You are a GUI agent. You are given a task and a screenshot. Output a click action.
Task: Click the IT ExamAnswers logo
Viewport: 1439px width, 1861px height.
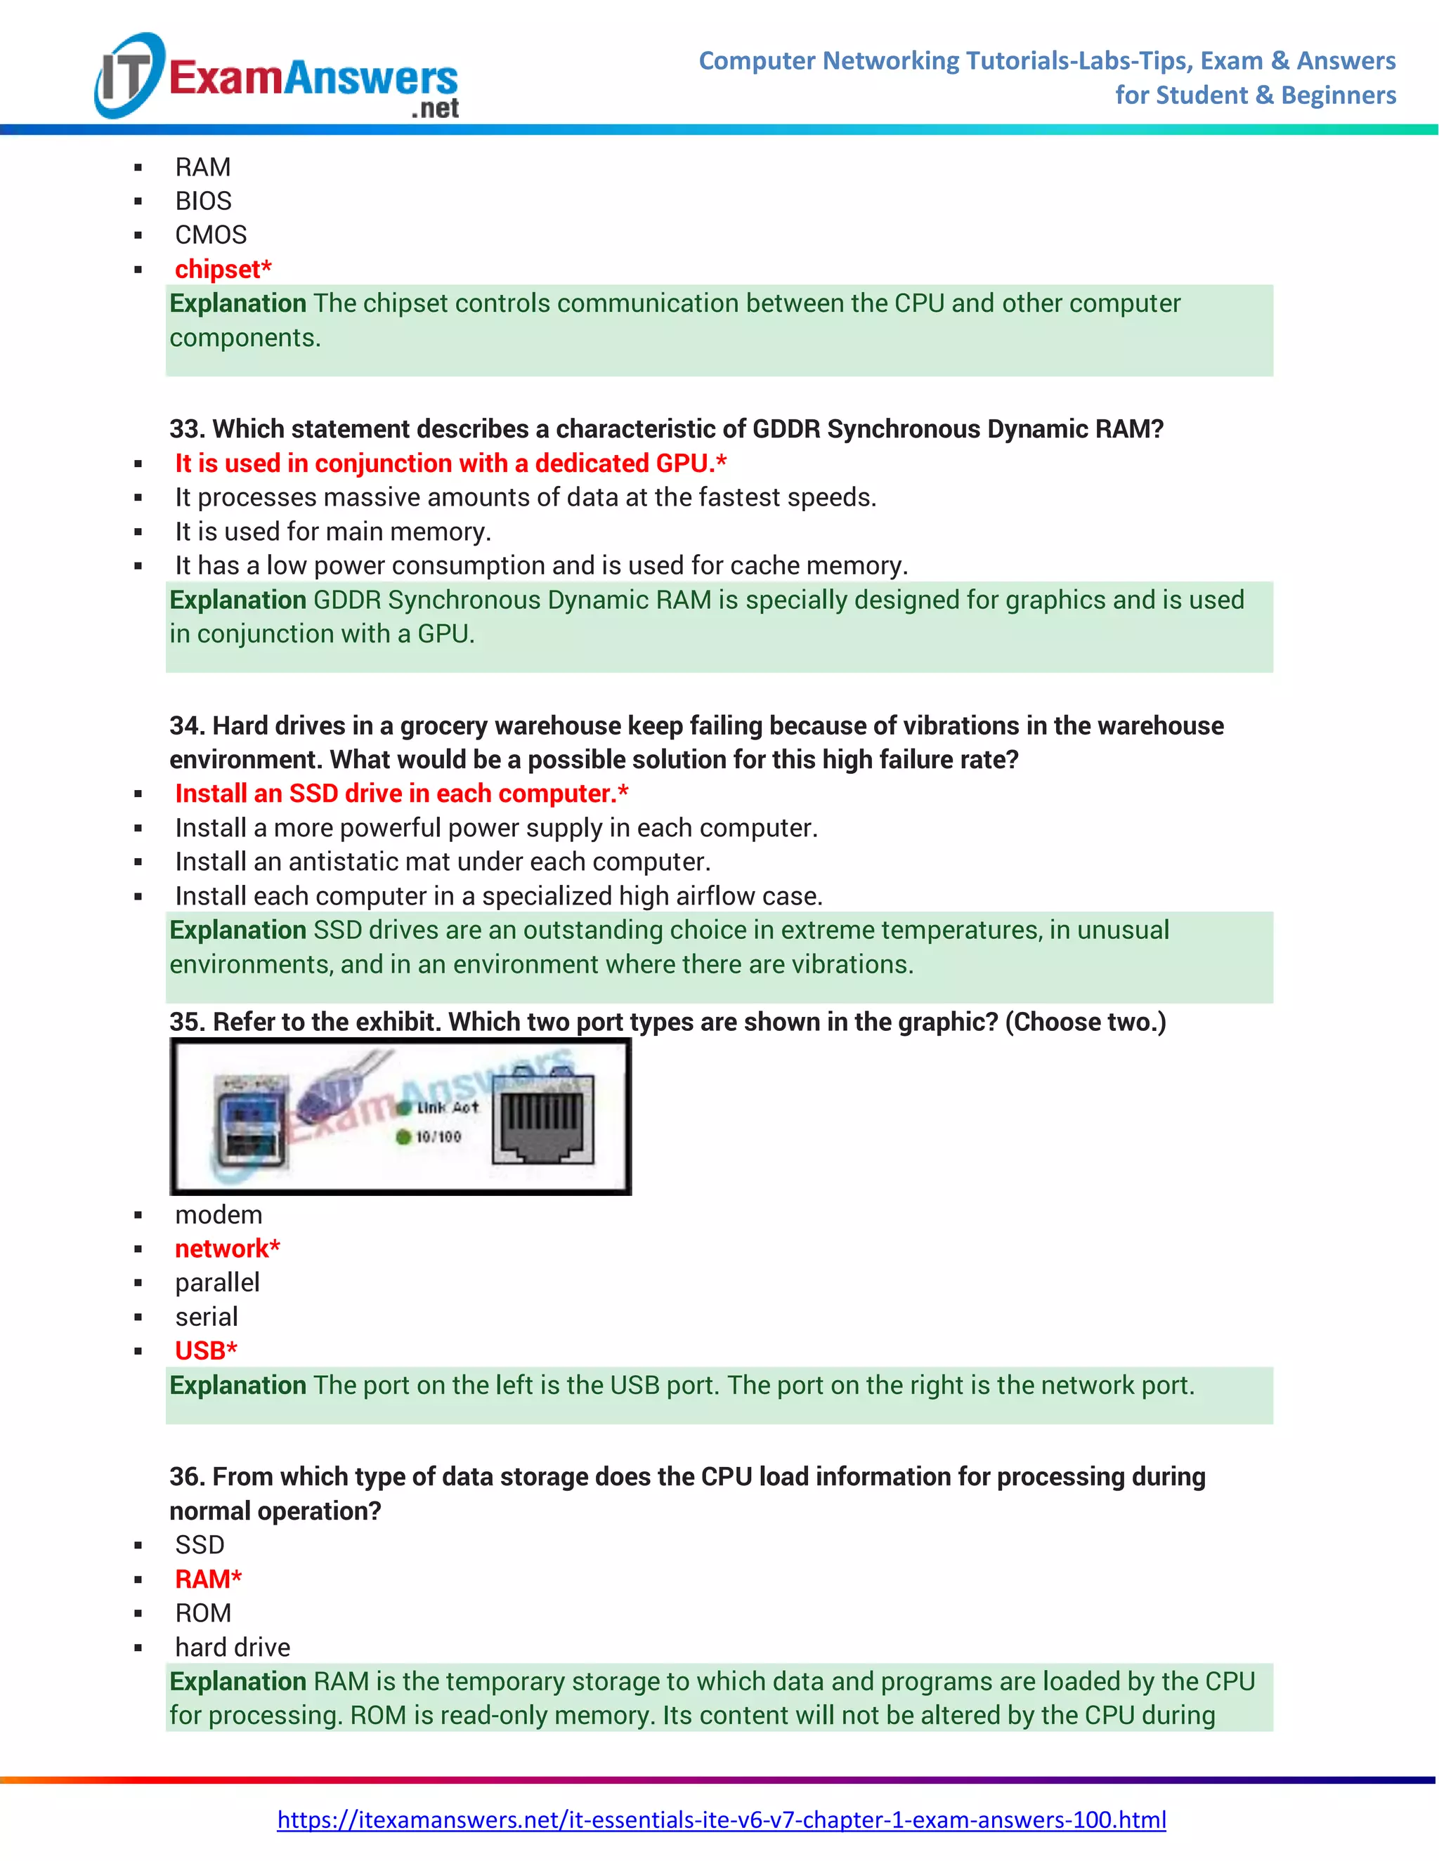pos(277,77)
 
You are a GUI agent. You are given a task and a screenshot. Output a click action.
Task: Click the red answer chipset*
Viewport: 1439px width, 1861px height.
pos(223,269)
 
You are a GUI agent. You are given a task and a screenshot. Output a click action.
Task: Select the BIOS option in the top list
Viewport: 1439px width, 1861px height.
pos(203,201)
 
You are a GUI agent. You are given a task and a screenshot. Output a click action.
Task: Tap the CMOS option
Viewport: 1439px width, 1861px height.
pos(211,235)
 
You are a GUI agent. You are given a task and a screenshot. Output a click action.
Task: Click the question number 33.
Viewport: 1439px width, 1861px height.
pos(184,428)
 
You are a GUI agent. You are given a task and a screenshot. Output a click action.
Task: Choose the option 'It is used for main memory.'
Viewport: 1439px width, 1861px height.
pos(332,532)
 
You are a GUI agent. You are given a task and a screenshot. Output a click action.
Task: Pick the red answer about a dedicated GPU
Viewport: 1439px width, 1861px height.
pos(450,463)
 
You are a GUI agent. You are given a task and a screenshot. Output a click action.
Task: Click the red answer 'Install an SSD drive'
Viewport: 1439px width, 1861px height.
pos(401,794)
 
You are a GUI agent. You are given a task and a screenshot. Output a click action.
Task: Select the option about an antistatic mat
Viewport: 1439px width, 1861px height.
pos(441,862)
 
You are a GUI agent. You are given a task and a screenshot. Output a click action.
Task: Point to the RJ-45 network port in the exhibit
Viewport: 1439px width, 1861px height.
pos(542,1119)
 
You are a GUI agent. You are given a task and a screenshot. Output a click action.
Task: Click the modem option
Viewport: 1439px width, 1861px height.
pos(219,1215)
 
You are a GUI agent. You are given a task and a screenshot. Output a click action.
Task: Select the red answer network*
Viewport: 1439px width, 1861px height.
pos(227,1249)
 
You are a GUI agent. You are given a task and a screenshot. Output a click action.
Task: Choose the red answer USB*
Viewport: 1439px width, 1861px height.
pos(205,1351)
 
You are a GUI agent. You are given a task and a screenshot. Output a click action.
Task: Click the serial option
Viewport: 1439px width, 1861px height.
pos(207,1317)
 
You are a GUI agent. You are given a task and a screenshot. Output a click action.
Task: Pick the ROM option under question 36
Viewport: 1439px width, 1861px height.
pos(203,1614)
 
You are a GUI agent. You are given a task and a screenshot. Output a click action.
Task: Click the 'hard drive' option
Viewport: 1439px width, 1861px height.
pos(232,1648)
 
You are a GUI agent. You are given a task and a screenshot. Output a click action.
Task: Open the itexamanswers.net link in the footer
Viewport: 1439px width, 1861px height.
pos(721,1820)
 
